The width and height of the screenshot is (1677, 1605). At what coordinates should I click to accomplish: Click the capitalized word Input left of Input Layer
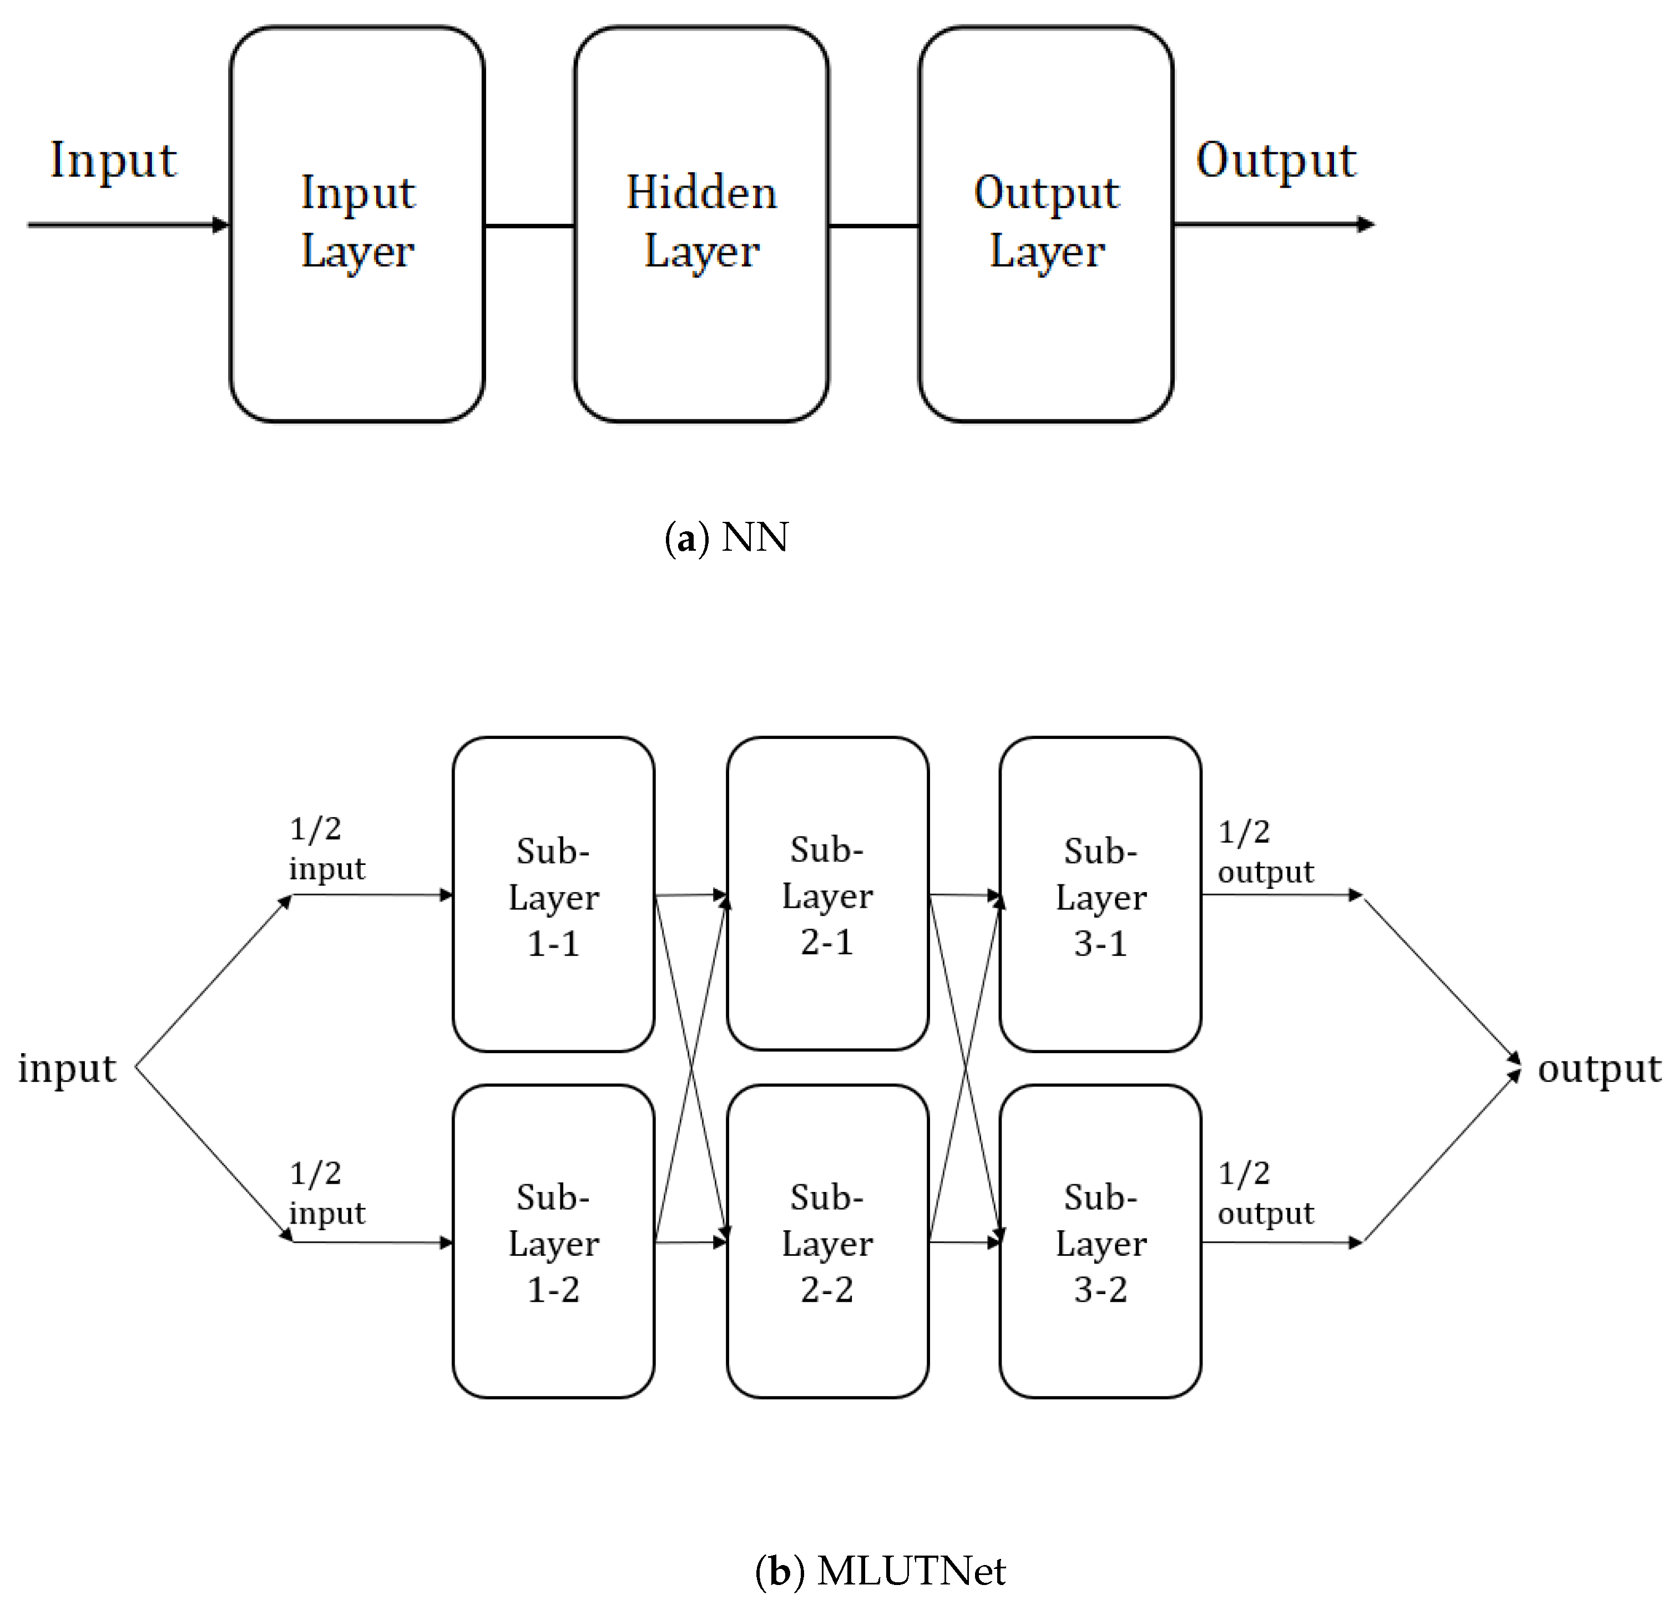click(113, 160)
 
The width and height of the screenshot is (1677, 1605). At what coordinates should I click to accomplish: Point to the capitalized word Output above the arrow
click(1275, 160)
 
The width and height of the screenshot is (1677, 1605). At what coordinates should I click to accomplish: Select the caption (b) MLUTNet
click(880, 1571)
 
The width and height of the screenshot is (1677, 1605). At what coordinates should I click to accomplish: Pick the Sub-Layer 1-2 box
click(553, 1241)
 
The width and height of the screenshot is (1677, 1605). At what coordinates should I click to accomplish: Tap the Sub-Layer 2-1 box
click(827, 894)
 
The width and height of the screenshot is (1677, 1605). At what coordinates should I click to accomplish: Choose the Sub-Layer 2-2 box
click(827, 1241)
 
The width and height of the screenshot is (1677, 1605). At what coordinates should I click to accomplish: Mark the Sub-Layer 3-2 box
click(1100, 1241)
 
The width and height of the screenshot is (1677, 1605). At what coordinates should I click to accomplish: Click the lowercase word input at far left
click(67, 1069)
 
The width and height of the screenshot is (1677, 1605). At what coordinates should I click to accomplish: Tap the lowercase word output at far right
click(1598, 1069)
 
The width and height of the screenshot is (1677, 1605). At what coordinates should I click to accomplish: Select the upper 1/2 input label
click(326, 848)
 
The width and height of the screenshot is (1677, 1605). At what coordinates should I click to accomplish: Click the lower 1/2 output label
click(1265, 1193)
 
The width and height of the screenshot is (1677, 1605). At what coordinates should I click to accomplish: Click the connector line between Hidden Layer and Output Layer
click(873, 226)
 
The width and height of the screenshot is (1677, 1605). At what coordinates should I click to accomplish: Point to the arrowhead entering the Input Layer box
click(221, 225)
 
